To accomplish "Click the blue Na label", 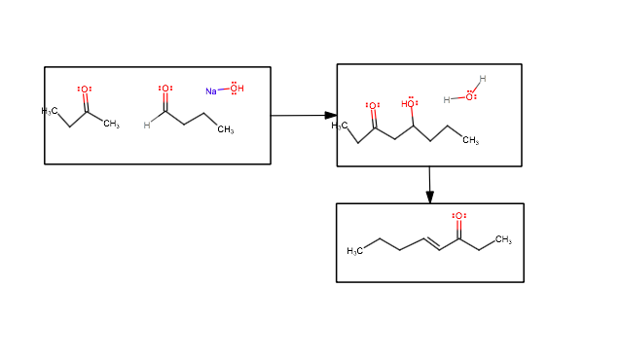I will coord(210,90).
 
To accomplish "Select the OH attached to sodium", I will coord(237,90).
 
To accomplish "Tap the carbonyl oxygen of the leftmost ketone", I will coord(85,90).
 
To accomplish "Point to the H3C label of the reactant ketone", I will coord(49,112).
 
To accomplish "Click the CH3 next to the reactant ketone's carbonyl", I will coord(111,125).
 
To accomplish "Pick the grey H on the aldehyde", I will coord(147,125).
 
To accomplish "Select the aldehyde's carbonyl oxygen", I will coord(165,89).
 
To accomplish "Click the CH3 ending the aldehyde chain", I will coord(226,129).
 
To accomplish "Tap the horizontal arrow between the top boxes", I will coord(303,116).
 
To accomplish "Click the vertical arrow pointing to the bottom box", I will coord(429,185).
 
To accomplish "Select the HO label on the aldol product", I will coord(409,104).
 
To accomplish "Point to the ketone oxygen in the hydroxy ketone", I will coord(373,105).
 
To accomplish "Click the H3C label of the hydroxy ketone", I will coord(339,126).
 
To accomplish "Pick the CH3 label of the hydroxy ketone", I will coord(470,141).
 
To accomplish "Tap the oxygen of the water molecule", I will coord(471,96).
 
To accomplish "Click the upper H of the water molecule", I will coord(482,79).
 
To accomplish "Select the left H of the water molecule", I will coord(447,99).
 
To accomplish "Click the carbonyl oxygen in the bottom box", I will coord(458,216).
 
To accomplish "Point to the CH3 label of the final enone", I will coord(502,239).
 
